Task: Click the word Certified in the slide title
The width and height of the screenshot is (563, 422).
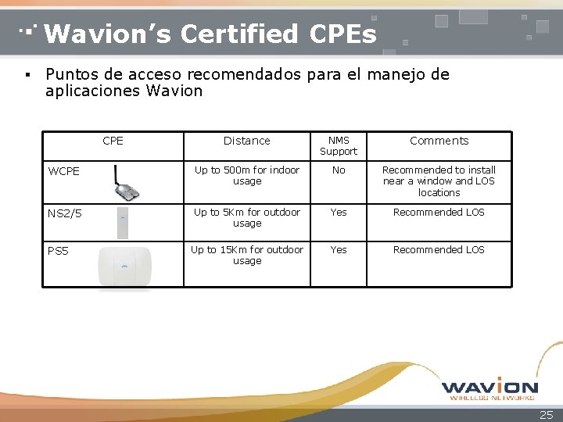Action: (x=239, y=34)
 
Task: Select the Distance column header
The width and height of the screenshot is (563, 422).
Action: (x=246, y=141)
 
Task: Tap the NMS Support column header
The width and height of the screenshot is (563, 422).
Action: (x=339, y=145)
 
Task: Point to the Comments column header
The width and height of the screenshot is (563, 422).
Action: (x=439, y=141)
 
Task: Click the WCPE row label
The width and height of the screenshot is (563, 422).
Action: (x=63, y=171)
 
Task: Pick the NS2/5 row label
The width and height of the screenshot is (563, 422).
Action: (x=65, y=213)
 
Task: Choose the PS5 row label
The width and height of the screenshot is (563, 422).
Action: (x=58, y=251)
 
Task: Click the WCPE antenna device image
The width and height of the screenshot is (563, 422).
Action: (x=126, y=183)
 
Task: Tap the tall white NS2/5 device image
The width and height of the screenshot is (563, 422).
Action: (x=123, y=223)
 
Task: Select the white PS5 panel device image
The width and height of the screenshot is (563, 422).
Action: (x=124, y=266)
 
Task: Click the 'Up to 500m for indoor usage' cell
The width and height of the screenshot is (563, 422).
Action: (x=247, y=176)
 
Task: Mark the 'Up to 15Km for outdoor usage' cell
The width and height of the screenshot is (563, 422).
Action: (x=247, y=255)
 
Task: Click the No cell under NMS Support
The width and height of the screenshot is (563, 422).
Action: (x=339, y=170)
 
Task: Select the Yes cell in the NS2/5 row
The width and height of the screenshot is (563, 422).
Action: (x=339, y=213)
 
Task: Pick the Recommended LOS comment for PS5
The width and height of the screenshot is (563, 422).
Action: (x=439, y=250)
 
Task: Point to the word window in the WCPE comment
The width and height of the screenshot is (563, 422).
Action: (x=435, y=181)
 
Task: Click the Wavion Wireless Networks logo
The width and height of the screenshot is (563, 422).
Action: (x=489, y=389)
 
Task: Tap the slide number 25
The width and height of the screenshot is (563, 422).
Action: (x=546, y=415)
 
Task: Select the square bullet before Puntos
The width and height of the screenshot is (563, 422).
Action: (x=27, y=75)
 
